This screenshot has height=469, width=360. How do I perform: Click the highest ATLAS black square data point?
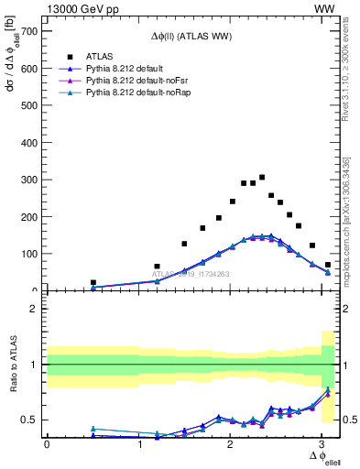pos(262,178)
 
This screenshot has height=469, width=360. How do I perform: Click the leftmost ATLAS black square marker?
pos(93,283)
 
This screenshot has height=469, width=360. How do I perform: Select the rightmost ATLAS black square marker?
pos(328,265)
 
